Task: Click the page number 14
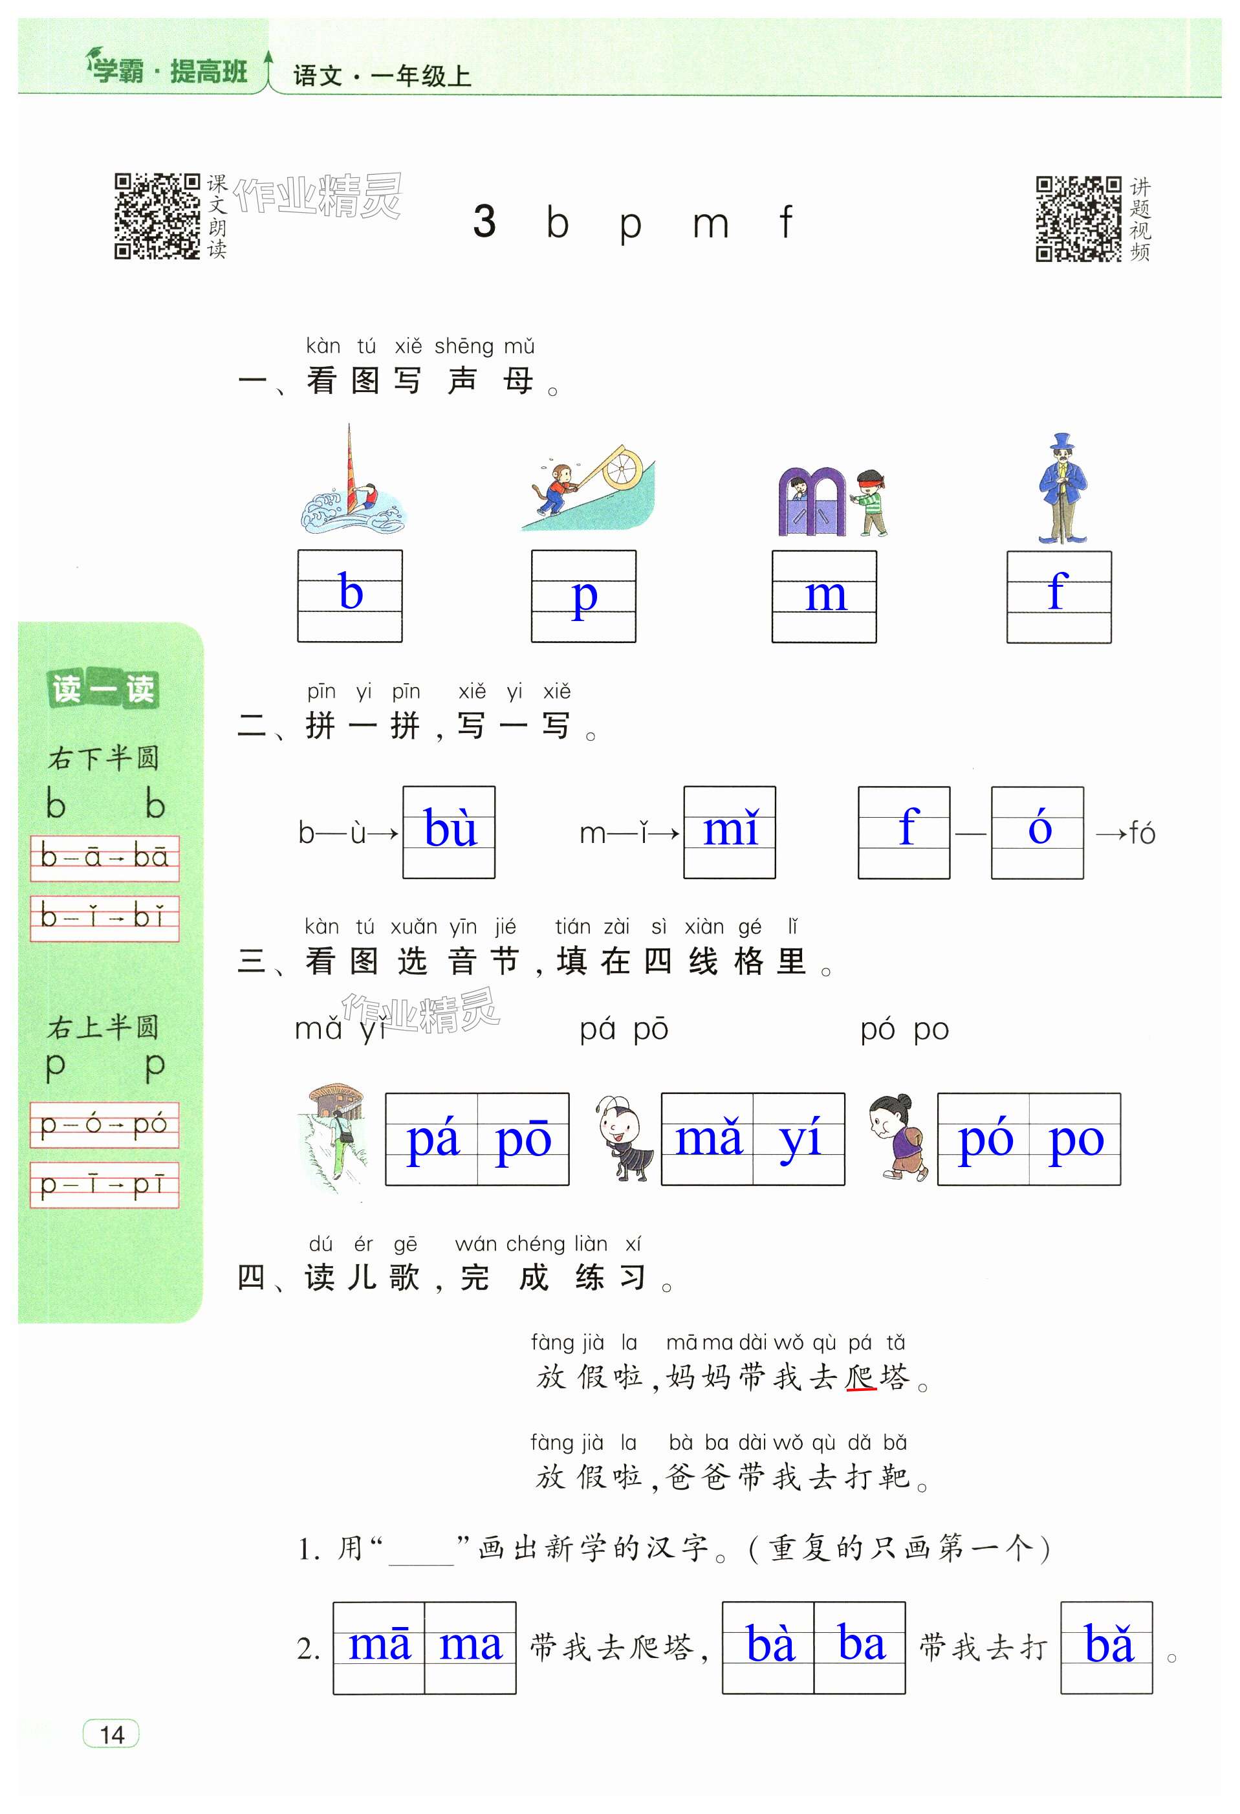(111, 1734)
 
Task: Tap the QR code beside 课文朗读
(157, 216)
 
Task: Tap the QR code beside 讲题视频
(1078, 219)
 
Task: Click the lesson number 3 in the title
(484, 222)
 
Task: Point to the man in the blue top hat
(1061, 488)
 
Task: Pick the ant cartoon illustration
(624, 1138)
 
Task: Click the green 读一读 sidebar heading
(103, 688)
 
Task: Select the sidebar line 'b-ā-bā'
(105, 857)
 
